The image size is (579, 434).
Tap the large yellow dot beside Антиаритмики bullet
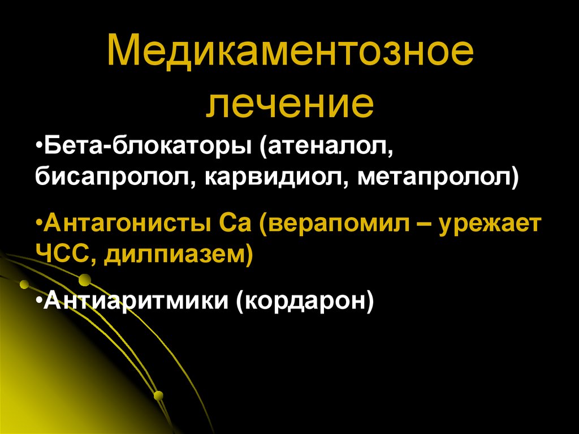84,280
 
